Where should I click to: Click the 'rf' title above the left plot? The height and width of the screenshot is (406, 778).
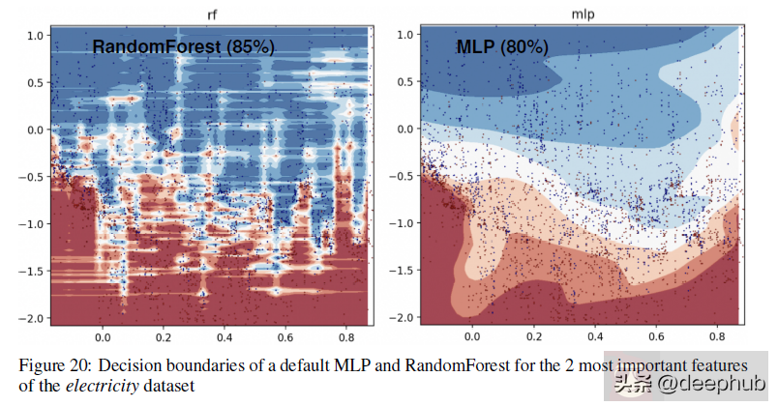(212, 14)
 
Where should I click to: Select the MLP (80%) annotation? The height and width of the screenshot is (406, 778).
(502, 47)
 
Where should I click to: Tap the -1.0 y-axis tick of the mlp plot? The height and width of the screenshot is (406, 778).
(404, 223)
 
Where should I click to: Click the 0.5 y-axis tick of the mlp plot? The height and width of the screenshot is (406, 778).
(408, 82)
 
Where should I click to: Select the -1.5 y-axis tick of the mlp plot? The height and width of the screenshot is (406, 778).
(404, 271)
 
